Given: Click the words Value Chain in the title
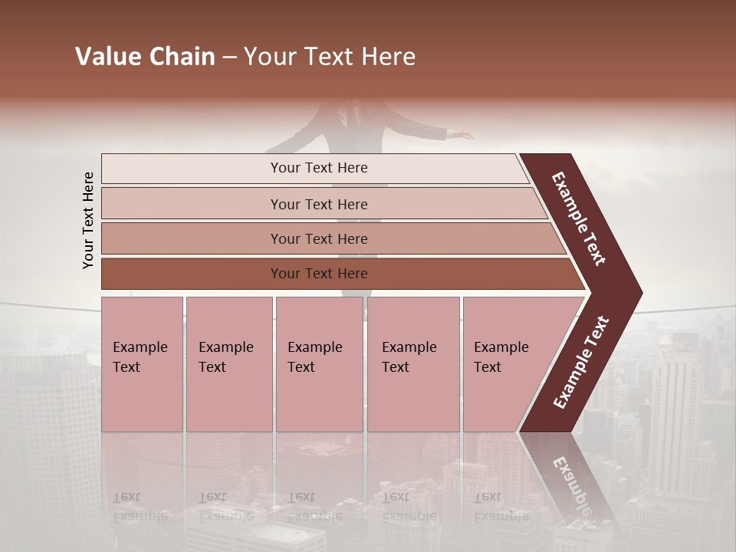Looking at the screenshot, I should click(145, 57).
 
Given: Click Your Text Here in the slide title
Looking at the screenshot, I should click(330, 57).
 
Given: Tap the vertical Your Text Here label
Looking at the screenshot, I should click(88, 220).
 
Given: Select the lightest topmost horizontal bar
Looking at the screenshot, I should click(314, 168).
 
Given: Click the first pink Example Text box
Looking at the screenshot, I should click(142, 364).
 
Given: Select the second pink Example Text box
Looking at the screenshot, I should click(228, 364).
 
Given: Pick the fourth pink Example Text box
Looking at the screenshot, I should click(412, 364).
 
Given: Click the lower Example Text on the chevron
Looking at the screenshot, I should click(580, 362).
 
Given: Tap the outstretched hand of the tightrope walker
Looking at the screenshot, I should click(462, 136).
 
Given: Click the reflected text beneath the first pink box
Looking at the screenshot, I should click(140, 506).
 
